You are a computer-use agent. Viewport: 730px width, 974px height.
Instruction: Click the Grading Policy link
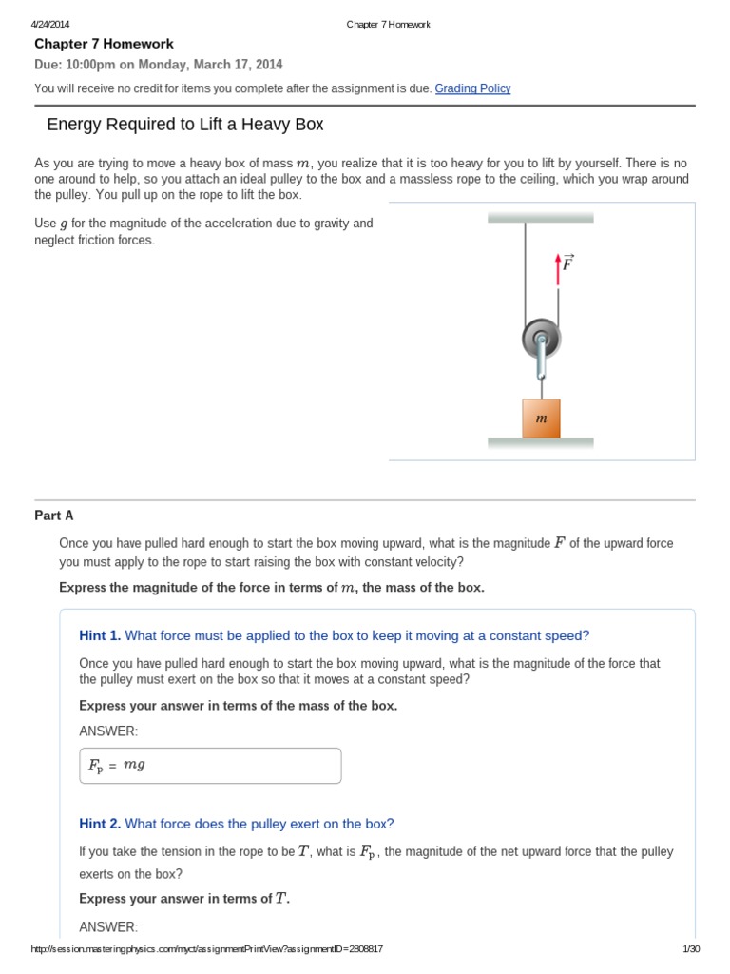click(x=472, y=88)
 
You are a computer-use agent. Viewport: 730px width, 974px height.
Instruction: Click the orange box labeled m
click(x=541, y=419)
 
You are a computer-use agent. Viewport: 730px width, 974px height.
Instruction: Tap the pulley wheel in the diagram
click(x=541, y=338)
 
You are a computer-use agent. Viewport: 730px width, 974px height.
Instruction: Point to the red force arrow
click(x=558, y=268)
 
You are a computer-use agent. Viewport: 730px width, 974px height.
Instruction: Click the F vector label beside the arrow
click(x=567, y=263)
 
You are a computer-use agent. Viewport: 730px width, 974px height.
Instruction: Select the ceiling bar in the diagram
click(x=540, y=218)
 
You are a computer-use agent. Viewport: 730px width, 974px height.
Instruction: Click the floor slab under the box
click(x=540, y=443)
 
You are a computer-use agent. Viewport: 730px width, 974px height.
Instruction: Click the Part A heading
click(x=54, y=516)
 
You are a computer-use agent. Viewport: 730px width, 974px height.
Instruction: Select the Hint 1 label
click(x=100, y=635)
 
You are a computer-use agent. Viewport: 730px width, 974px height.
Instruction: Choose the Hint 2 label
click(x=100, y=824)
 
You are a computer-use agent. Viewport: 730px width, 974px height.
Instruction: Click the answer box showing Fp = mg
click(x=210, y=765)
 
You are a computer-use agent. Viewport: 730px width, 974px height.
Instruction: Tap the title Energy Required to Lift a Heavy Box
click(x=185, y=125)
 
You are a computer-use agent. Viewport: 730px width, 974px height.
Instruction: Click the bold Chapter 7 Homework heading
click(x=104, y=44)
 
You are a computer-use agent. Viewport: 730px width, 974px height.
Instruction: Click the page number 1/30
click(x=691, y=949)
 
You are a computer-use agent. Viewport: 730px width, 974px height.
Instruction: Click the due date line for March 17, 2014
click(x=159, y=65)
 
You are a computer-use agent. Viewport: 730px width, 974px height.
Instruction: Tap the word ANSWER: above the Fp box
click(x=108, y=730)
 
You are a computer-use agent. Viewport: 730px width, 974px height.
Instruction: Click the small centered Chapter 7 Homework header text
click(x=388, y=24)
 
